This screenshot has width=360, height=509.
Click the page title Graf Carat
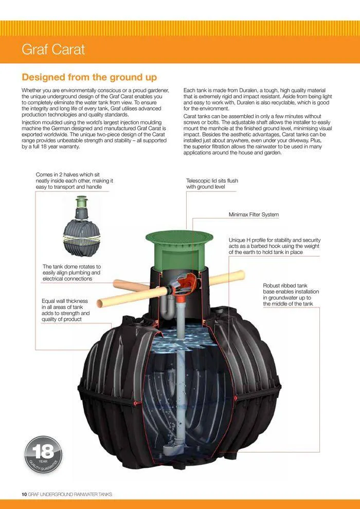[53, 50]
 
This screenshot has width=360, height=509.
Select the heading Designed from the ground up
[89, 77]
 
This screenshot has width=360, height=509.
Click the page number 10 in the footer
[24, 495]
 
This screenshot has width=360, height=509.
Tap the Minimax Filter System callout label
[254, 214]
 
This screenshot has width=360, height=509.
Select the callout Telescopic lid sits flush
[212, 184]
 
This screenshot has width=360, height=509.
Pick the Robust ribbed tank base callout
[291, 295]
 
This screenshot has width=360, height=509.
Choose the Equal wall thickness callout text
[65, 310]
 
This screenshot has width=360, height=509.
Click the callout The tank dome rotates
[71, 272]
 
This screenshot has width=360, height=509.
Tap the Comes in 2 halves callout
[74, 181]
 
